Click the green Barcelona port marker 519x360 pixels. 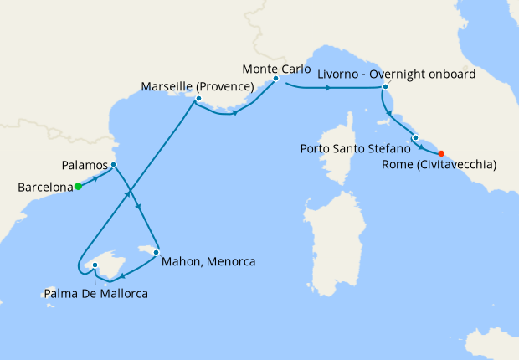[x=78, y=187]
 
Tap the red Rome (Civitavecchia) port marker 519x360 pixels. [x=441, y=153]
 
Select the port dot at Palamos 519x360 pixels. [x=113, y=164]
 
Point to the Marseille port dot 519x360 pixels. [x=198, y=100]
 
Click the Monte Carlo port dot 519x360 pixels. [x=275, y=79]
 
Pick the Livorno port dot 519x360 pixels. [x=385, y=87]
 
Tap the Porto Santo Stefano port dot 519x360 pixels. [x=415, y=137]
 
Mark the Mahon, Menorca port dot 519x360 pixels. [x=156, y=251]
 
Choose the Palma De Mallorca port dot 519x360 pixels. [x=95, y=265]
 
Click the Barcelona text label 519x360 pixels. [x=44, y=188]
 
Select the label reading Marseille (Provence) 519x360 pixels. [x=198, y=86]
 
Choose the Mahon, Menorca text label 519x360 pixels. [x=209, y=261]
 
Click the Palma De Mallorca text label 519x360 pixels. [x=95, y=294]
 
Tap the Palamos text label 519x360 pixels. [x=87, y=164]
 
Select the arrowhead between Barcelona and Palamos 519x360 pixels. [x=95, y=177]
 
